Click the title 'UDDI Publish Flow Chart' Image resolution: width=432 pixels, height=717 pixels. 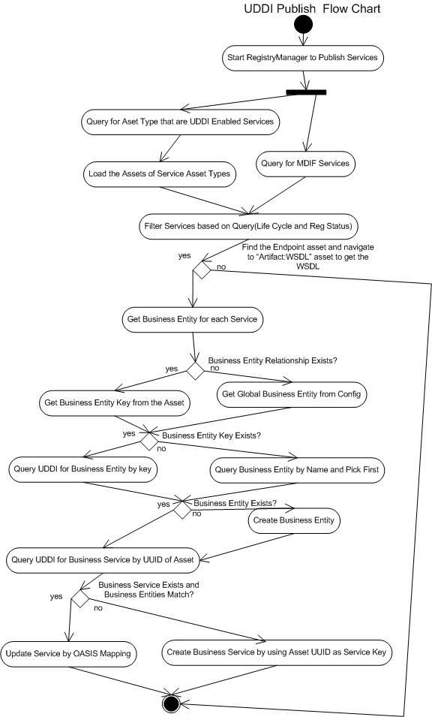[x=312, y=9]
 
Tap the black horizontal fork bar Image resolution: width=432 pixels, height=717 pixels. [x=305, y=92]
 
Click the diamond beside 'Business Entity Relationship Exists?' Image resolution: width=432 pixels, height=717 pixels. [x=196, y=370]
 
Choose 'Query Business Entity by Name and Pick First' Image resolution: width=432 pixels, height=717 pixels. [x=298, y=470]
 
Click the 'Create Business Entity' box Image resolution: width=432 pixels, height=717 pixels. [x=295, y=519]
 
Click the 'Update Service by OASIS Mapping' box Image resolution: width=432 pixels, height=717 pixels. [x=68, y=653]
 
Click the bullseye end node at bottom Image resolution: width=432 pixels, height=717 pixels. [x=171, y=703]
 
